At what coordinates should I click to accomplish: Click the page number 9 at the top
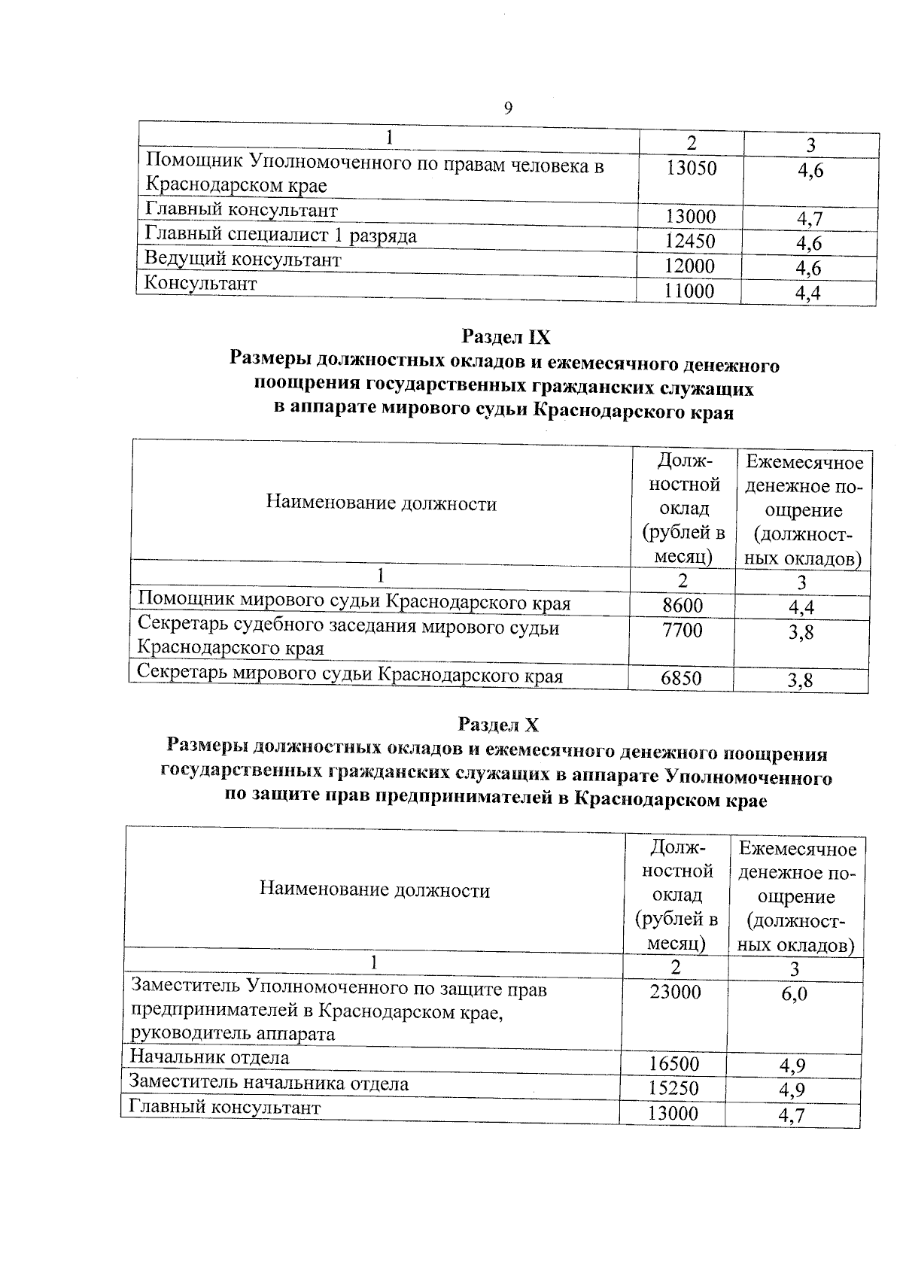[x=508, y=108]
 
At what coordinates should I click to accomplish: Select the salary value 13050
[x=691, y=169]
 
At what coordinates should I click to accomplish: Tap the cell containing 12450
[x=690, y=242]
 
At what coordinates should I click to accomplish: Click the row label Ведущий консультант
[x=242, y=260]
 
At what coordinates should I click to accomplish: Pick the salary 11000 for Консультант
[x=689, y=291]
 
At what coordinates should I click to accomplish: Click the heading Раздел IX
[x=506, y=336]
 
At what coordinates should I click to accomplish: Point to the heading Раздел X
[x=498, y=725]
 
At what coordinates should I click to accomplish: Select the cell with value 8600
[x=682, y=606]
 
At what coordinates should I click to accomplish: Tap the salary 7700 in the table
[x=682, y=630]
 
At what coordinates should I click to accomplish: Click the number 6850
[x=680, y=679]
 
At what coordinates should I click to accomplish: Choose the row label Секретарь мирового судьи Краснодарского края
[x=350, y=675]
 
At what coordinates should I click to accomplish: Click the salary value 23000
[x=675, y=992]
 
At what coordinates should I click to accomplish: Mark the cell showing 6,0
[x=794, y=993]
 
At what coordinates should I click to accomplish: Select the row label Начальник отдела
[x=209, y=1057]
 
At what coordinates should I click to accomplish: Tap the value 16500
[x=674, y=1063]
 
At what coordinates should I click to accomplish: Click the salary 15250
[x=674, y=1088]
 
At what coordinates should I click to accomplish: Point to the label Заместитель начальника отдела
[x=269, y=1084]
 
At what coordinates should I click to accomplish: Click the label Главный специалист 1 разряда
[x=281, y=236]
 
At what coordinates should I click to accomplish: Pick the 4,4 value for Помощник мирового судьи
[x=801, y=607]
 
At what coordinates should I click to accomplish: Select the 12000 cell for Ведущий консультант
[x=690, y=266]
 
